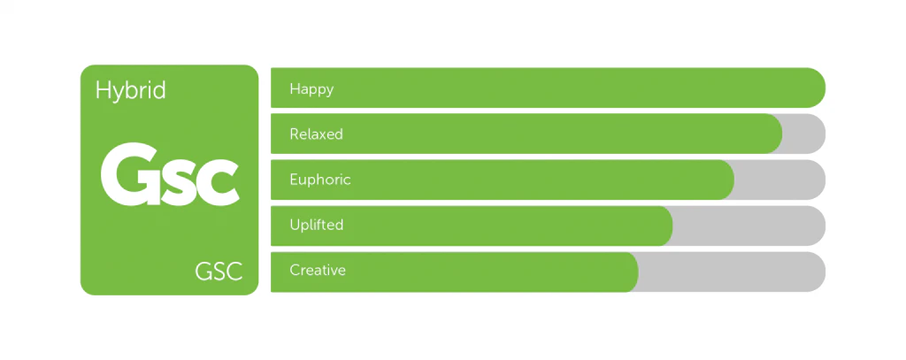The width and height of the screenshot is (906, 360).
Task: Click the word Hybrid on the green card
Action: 131,91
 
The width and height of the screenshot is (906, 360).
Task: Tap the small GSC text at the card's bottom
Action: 219,271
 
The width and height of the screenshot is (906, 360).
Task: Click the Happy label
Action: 312,89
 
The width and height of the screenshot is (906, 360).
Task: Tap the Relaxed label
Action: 316,134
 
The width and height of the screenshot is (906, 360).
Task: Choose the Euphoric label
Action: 320,180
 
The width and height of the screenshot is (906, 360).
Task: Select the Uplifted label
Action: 317,224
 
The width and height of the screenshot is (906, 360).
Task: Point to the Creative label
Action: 318,270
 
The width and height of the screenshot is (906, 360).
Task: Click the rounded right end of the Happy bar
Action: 816,88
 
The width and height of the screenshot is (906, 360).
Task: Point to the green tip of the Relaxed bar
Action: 781,134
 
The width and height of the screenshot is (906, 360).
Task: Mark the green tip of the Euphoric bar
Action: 733,180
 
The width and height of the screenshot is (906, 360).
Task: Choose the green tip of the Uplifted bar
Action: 672,226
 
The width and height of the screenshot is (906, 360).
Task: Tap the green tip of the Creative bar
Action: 637,272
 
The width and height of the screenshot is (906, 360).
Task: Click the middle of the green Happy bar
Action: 549,88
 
